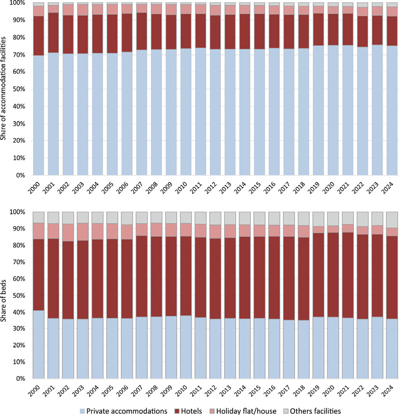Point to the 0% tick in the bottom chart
click(x=19, y=378)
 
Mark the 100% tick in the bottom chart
click(x=17, y=212)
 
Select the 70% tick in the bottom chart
click(x=17, y=262)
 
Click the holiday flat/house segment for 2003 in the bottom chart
click(x=83, y=232)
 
